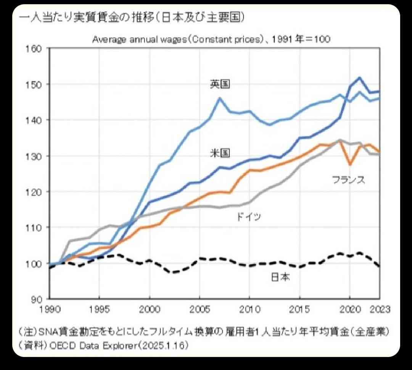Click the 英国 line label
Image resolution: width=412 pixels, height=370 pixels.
(220, 84)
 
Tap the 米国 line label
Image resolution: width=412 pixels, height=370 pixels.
(220, 153)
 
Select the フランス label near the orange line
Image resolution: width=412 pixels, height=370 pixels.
(348, 180)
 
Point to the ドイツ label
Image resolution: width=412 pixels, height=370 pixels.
(249, 217)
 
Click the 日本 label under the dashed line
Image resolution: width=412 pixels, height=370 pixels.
(280, 277)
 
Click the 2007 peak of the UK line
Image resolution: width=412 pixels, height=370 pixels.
(220, 98)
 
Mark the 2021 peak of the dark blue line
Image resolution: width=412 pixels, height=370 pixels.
(359, 78)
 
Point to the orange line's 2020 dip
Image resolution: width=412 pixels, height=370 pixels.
(350, 164)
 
